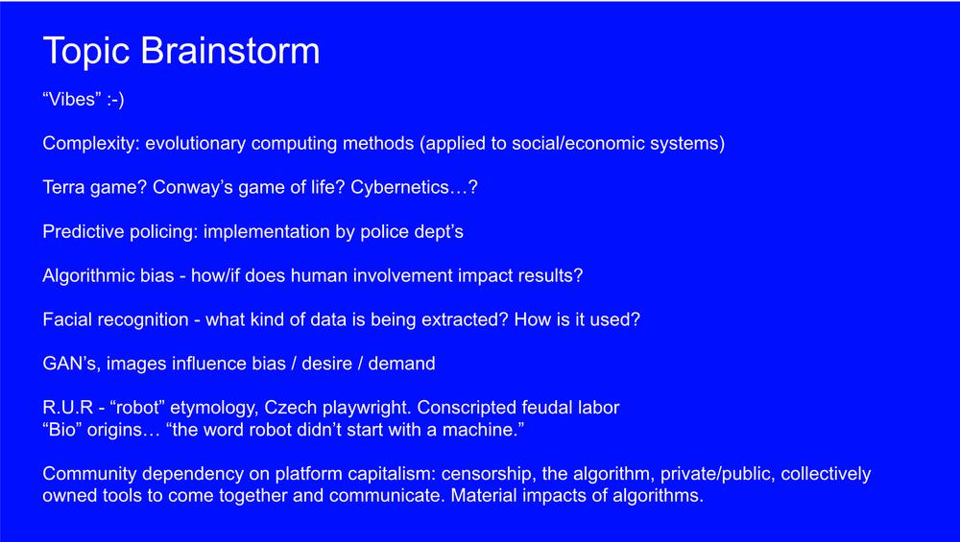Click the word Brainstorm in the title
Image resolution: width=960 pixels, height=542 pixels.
coord(230,50)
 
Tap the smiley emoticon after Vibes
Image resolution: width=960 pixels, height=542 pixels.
coord(115,100)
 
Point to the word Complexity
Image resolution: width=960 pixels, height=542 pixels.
coord(91,144)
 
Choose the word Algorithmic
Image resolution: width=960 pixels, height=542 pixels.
coord(88,276)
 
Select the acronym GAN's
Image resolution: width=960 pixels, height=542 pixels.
coord(72,364)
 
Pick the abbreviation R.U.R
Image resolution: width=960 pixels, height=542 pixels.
coord(67,408)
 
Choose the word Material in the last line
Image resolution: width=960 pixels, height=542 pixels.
coord(482,496)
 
